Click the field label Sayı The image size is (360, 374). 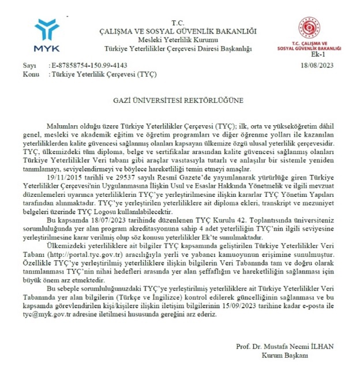point(28,67)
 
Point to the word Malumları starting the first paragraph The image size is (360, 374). point(59,126)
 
